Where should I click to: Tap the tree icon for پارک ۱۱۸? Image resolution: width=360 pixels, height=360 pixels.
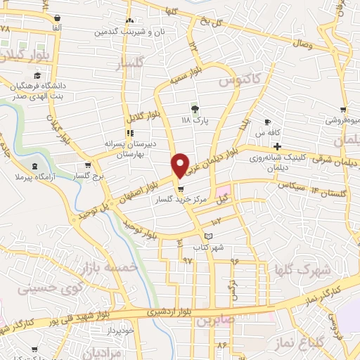click(x=195, y=108)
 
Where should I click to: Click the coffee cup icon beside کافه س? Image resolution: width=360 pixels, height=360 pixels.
click(x=267, y=122)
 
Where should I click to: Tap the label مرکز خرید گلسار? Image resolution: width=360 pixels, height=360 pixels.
click(x=182, y=200)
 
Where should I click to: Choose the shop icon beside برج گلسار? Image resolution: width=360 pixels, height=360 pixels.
click(x=87, y=165)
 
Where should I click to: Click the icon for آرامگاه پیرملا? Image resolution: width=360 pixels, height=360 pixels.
click(x=34, y=165)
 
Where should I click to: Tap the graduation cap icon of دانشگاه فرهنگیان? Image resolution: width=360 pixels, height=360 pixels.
click(x=35, y=75)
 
